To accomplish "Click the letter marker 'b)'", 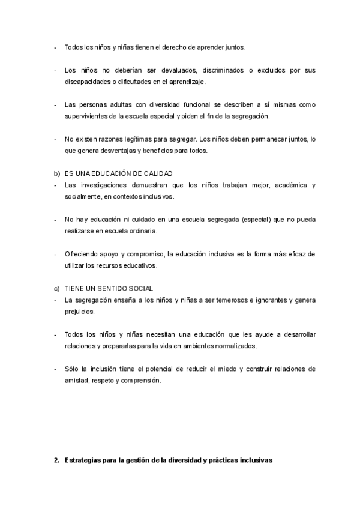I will click(58, 173).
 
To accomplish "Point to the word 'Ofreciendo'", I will click(80, 254).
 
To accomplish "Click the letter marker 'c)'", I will click(58, 288).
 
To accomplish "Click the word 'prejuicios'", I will click(79, 311).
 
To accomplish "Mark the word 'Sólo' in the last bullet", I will click(71, 369).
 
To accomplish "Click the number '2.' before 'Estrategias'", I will click(57, 460).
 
